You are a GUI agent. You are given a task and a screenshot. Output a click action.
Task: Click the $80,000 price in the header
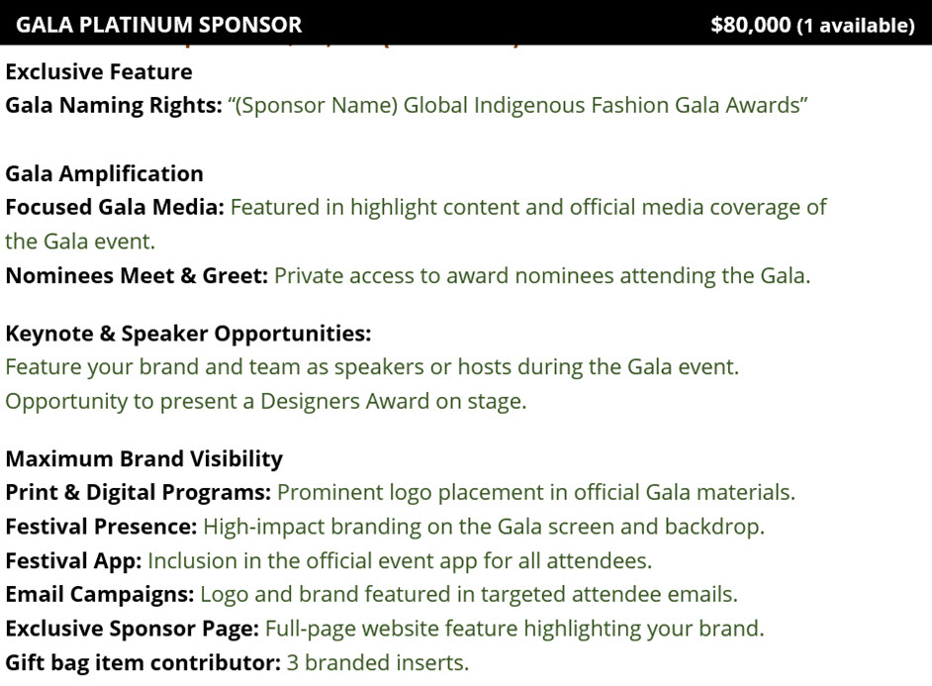(x=751, y=25)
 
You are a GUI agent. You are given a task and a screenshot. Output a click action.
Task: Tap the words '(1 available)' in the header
(x=856, y=26)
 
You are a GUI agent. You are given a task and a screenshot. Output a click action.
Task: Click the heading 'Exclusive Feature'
(x=99, y=72)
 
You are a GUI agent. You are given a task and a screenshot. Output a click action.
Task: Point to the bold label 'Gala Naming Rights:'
(x=114, y=105)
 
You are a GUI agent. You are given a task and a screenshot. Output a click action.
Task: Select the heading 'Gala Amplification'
(x=104, y=173)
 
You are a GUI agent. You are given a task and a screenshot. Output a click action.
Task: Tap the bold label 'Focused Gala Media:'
(x=115, y=208)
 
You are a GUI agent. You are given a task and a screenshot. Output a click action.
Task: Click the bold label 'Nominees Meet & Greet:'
(x=137, y=276)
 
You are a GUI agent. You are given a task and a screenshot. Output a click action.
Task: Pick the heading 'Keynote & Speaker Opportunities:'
(x=188, y=334)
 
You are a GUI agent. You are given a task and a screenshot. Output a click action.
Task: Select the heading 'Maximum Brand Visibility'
(x=143, y=459)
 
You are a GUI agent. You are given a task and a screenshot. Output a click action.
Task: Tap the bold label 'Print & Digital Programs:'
(x=138, y=493)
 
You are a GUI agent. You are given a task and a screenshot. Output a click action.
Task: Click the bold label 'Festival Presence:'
(x=101, y=527)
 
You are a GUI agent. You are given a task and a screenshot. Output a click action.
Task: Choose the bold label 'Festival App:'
(x=73, y=561)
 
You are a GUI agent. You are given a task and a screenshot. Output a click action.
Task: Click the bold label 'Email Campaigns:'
(x=99, y=595)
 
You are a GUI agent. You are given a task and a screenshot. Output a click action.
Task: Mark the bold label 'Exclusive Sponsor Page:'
(x=132, y=629)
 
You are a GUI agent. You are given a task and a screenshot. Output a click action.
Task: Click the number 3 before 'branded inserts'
(x=293, y=663)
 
